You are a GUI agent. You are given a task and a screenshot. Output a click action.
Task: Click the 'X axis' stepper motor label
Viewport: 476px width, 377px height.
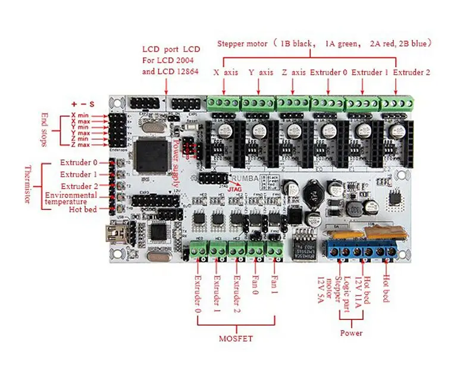226,73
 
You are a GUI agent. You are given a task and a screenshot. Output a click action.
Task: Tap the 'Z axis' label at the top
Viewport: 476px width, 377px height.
293,73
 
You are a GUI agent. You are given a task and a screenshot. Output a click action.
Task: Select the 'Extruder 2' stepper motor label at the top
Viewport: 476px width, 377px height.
411,73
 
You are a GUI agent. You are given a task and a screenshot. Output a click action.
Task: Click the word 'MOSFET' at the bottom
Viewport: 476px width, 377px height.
236,339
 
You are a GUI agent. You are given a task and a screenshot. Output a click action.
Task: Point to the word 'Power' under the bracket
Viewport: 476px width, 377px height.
351,333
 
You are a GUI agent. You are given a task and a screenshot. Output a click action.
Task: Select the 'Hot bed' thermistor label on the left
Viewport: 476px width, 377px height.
83,209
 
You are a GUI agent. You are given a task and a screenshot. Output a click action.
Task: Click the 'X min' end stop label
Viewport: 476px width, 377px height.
81,115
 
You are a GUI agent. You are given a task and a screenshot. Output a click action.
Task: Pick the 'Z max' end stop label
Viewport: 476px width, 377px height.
81,144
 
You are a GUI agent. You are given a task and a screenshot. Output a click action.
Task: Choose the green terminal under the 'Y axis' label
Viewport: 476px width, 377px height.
259,103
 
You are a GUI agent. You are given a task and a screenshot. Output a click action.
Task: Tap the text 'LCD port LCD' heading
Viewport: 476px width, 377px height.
171,49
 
